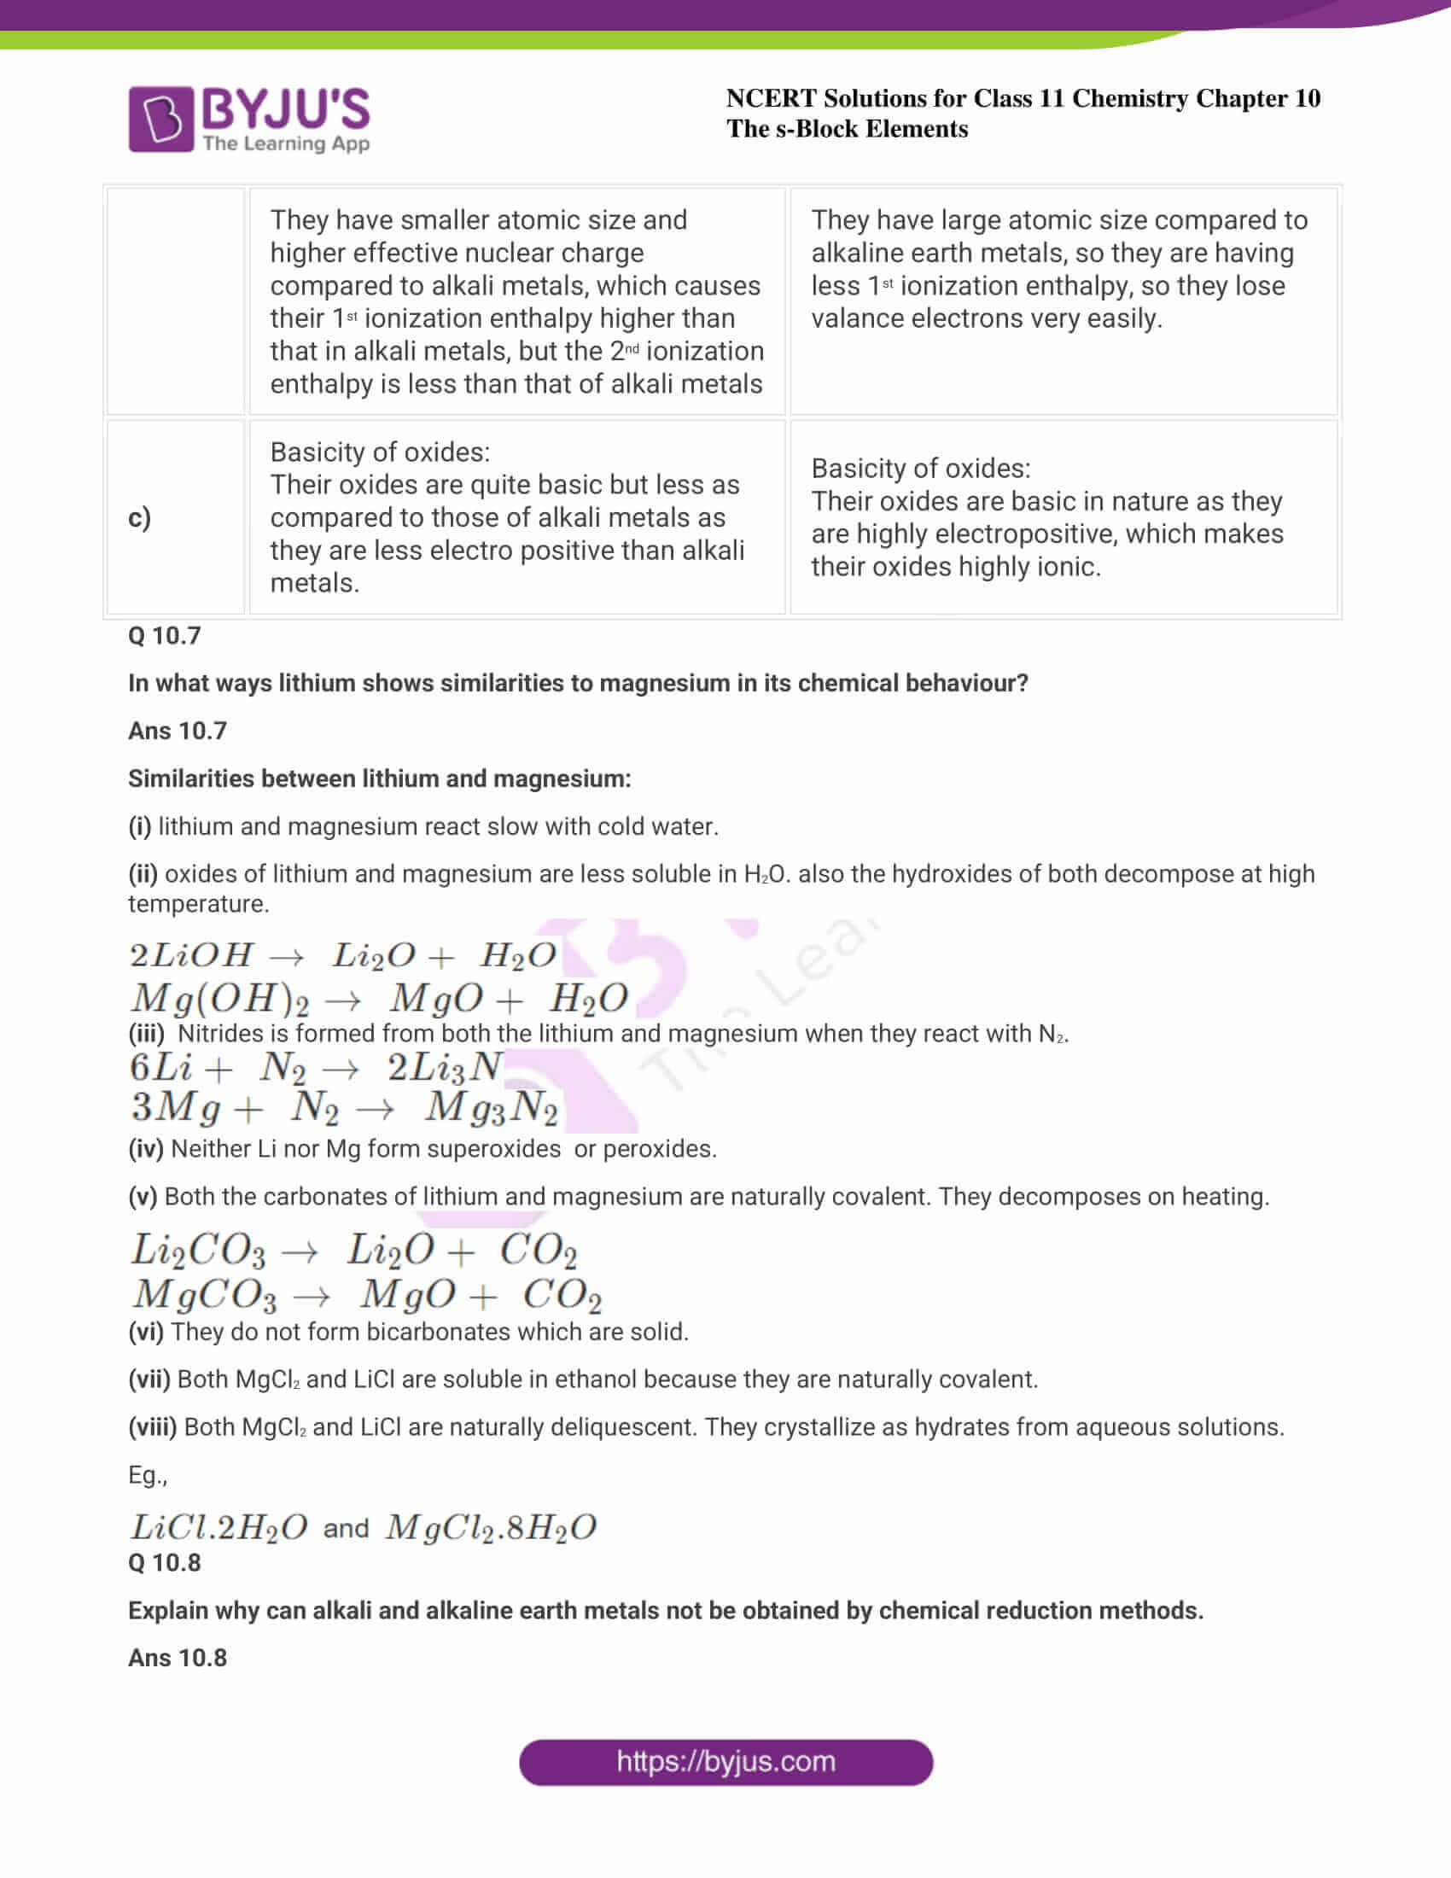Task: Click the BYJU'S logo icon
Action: (x=160, y=119)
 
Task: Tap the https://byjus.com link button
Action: (x=725, y=1762)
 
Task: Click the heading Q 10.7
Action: (x=164, y=635)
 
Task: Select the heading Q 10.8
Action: (x=164, y=1562)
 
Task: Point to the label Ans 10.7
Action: (x=177, y=731)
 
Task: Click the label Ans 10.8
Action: (x=177, y=1658)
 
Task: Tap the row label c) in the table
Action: (x=139, y=517)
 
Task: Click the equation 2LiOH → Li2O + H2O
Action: (x=342, y=955)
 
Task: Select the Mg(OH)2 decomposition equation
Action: (x=378, y=999)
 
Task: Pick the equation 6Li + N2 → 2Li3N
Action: (x=317, y=1067)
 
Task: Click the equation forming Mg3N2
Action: (x=344, y=1107)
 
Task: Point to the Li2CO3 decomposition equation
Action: (x=353, y=1251)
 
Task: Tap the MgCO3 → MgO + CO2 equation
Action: (x=366, y=1295)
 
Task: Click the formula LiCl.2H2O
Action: (x=219, y=1528)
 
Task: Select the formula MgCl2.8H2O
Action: (x=490, y=1528)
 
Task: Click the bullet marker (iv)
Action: (x=145, y=1149)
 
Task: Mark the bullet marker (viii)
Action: (x=152, y=1427)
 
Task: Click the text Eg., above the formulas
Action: (x=147, y=1476)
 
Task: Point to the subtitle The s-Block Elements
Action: (x=847, y=129)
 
